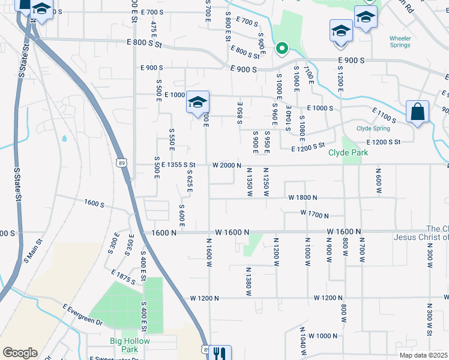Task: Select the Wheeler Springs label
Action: (x=400, y=41)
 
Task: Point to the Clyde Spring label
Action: (x=373, y=128)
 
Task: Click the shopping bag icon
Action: (x=417, y=112)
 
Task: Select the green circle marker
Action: (x=280, y=48)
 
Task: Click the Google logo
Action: (x=20, y=353)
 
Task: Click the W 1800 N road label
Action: (x=303, y=197)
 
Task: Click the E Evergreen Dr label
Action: (x=82, y=314)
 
